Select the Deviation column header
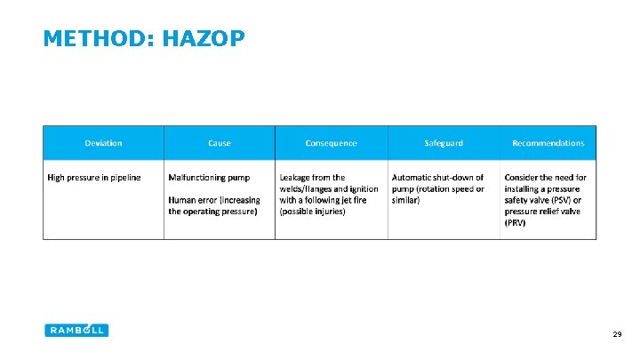coord(103,143)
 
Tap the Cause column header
coord(219,143)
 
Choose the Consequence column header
coord(331,143)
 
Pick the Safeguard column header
coord(444,143)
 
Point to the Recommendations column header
coord(548,143)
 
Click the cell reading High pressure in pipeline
coord(93,178)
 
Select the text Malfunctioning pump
coord(209,178)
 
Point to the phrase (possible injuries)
coord(312,212)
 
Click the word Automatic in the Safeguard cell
coord(412,178)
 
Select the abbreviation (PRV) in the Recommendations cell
coord(515,223)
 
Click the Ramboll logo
coord(76,330)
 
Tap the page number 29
coord(616,334)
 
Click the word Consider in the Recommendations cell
coord(522,178)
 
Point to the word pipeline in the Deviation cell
coord(124,178)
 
